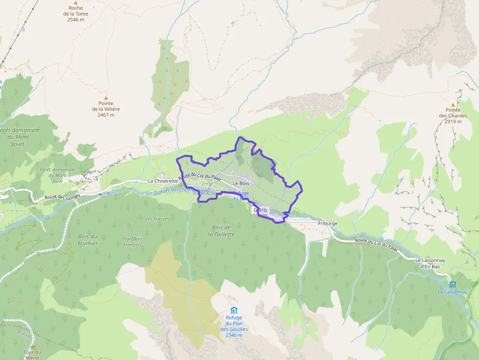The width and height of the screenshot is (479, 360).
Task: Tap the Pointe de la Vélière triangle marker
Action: [106, 98]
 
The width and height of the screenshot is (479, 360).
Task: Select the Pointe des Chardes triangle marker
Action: [453, 105]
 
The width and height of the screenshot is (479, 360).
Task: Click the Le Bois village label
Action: [240, 183]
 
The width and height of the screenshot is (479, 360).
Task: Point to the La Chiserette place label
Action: [163, 181]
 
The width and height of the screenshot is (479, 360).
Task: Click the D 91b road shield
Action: [261, 210]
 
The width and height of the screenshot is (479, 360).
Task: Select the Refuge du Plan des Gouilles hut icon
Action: [234, 310]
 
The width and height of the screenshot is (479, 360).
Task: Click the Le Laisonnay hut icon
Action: [452, 284]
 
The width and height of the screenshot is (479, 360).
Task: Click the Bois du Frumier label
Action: [87, 240]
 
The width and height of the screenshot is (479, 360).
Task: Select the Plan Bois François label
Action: [131, 241]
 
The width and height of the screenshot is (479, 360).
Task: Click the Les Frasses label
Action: [157, 219]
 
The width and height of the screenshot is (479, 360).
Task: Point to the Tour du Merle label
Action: [32, 355]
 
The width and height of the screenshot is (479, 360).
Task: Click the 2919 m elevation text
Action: [453, 122]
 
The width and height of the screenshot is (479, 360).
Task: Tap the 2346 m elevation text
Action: [234, 336]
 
